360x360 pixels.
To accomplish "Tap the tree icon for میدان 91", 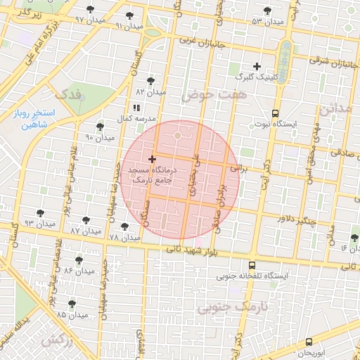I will coord(129,15).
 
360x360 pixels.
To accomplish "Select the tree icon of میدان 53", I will coord(266,11).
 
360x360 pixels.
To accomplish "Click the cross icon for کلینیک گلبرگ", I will coord(257,66).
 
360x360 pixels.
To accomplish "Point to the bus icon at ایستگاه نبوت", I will coord(275,112).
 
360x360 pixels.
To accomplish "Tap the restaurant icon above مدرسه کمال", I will coord(136,108).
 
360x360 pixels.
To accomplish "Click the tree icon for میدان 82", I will coord(150,82).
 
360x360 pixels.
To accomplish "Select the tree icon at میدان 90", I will coord(100,127).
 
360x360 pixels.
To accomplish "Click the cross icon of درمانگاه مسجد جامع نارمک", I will coord(153,160).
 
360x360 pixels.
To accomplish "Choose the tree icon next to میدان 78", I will coord(125,227).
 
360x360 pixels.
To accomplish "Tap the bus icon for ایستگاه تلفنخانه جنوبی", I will coord(252,265).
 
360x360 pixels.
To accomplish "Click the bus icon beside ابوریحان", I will coord(309,342).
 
